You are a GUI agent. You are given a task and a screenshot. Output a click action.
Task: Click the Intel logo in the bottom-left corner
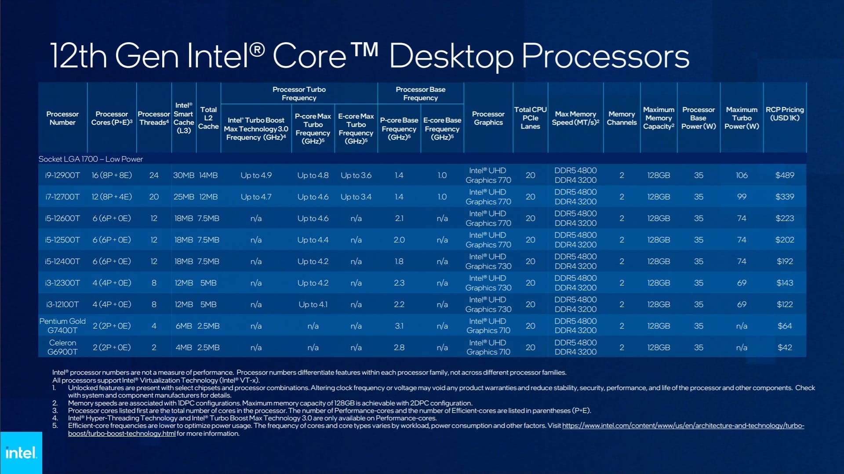(21, 453)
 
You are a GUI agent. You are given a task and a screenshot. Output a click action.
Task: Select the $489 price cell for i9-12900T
(785, 175)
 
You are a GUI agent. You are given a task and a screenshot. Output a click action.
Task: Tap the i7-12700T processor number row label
(62, 197)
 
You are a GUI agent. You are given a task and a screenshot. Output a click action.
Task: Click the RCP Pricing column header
(785, 114)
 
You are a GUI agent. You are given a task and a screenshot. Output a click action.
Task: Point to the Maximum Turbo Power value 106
(742, 175)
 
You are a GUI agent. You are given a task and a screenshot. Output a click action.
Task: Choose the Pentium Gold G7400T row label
(62, 326)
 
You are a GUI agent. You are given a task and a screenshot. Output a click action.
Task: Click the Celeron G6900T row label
(62, 347)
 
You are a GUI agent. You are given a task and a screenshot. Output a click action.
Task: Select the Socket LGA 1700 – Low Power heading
(91, 159)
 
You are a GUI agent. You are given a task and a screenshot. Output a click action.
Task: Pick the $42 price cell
(785, 347)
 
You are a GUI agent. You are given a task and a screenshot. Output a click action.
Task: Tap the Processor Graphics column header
(488, 118)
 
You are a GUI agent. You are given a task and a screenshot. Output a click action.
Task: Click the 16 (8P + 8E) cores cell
(112, 175)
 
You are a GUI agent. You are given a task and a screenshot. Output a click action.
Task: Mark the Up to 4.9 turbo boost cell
(256, 175)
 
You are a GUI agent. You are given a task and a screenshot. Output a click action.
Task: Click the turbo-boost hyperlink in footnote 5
(683, 426)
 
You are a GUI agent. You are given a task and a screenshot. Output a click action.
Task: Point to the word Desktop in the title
(451, 56)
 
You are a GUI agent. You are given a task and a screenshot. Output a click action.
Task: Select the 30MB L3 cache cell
(183, 175)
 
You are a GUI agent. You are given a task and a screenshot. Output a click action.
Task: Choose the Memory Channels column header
(622, 118)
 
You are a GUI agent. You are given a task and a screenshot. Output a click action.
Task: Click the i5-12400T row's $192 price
(785, 261)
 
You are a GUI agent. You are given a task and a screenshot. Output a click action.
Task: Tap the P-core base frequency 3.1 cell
(399, 326)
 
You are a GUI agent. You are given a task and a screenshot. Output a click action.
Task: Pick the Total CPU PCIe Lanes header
(530, 118)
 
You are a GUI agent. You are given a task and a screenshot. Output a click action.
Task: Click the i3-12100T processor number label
(62, 304)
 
